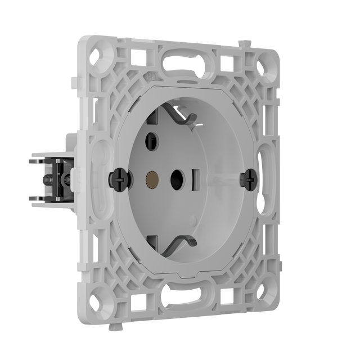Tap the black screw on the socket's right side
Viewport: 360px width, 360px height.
click(x=248, y=179)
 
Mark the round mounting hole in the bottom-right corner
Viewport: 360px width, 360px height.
click(x=265, y=293)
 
